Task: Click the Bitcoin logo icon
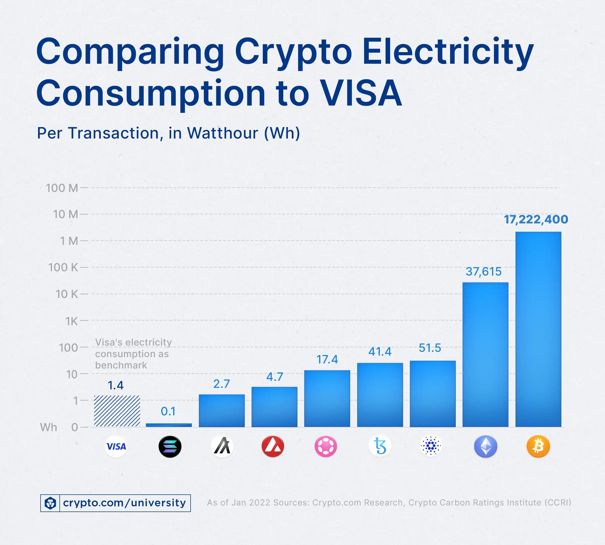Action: tap(538, 447)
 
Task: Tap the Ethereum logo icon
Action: tap(486, 447)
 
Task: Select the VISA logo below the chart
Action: tap(116, 447)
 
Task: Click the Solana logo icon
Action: tap(170, 447)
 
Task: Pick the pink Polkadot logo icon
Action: tap(326, 447)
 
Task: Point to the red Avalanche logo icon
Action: tap(273, 447)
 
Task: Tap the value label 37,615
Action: tap(483, 271)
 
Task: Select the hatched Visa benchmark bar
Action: tap(117, 411)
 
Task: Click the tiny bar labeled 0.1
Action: tap(169, 425)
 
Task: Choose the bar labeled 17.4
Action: tap(327, 398)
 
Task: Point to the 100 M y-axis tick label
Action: tap(62, 188)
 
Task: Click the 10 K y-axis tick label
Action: tap(67, 294)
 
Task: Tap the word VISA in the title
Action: tap(361, 93)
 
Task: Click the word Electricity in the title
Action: tap(448, 52)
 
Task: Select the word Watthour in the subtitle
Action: tap(222, 133)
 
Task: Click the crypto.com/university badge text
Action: tap(124, 503)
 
